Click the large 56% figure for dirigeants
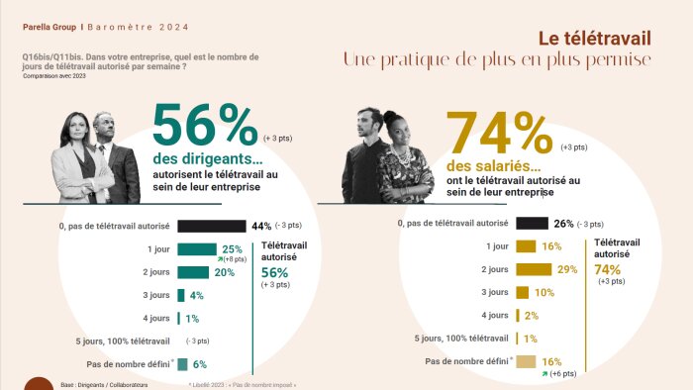(205, 127)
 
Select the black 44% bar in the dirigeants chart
(211, 226)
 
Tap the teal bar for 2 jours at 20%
(193, 272)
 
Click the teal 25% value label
(233, 249)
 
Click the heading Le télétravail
(594, 38)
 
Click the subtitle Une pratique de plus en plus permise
(497, 60)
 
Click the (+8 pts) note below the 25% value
(235, 259)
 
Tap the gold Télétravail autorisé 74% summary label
(616, 260)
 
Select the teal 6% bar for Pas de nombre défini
(182, 364)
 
